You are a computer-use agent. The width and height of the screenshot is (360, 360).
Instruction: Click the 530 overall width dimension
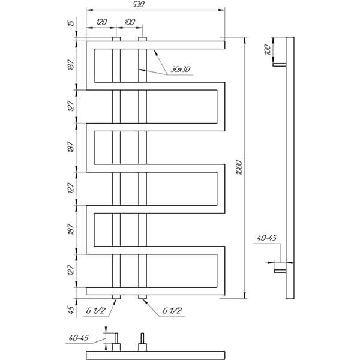(138, 4)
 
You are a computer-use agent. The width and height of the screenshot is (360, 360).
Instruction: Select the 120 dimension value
(101, 22)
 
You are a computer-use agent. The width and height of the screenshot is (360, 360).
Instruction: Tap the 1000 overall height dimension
(239, 168)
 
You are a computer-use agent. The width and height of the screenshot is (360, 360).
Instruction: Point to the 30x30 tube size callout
(181, 69)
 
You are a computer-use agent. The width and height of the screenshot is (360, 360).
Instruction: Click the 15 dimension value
(71, 23)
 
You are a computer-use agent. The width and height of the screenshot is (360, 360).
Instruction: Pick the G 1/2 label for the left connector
(95, 311)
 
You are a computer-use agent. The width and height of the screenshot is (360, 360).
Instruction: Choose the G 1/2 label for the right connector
(172, 311)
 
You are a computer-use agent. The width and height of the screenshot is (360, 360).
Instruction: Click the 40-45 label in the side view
(266, 238)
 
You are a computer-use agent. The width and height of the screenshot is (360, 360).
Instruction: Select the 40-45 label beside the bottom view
(78, 338)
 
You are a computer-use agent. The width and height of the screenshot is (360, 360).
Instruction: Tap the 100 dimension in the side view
(268, 50)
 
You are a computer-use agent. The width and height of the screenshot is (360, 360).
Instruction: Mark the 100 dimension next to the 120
(130, 22)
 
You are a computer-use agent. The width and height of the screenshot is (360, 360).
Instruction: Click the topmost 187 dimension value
(71, 65)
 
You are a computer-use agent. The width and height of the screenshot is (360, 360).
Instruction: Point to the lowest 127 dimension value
(71, 270)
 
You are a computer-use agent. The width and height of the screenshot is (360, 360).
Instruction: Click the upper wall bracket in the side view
(280, 65)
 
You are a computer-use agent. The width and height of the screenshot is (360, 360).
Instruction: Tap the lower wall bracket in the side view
(280, 271)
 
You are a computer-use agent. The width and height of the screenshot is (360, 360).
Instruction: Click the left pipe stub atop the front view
(116, 39)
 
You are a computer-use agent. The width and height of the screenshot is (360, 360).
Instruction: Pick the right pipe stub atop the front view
(143, 39)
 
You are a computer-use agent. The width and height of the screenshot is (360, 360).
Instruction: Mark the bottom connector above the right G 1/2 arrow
(143, 297)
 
